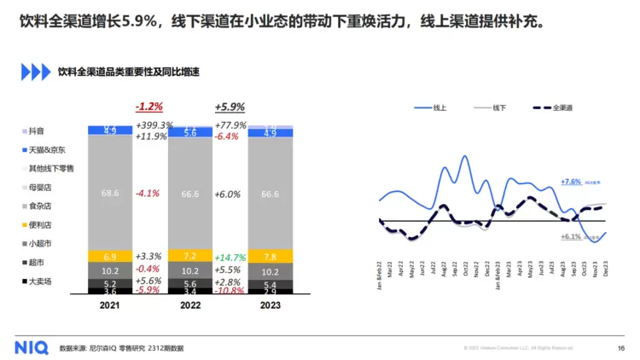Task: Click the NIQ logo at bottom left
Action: (32, 347)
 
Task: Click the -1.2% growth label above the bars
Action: (148, 107)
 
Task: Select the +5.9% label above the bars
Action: (230, 107)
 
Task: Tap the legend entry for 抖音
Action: (36, 131)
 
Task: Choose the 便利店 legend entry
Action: (40, 224)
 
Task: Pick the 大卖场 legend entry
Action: (40, 281)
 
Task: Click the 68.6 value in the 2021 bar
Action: (110, 193)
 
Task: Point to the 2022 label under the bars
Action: (189, 305)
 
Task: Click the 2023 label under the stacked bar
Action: (270, 305)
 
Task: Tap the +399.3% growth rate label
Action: (154, 126)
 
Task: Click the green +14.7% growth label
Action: (232, 257)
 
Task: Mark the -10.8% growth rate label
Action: (231, 291)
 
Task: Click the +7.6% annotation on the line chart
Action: (571, 182)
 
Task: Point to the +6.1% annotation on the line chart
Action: (571, 236)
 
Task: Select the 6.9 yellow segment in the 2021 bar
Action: (110, 257)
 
